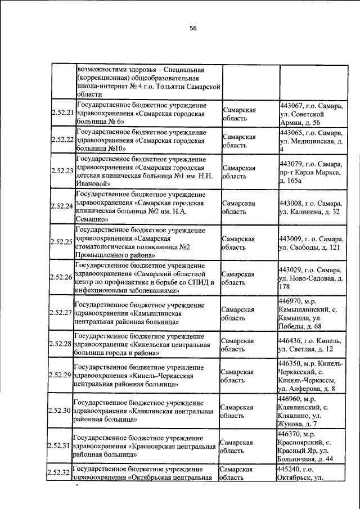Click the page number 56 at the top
(x=193, y=28)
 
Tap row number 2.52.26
(x=62, y=277)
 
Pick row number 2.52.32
(x=59, y=473)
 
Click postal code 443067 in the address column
(x=291, y=105)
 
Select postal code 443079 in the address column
(x=291, y=164)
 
